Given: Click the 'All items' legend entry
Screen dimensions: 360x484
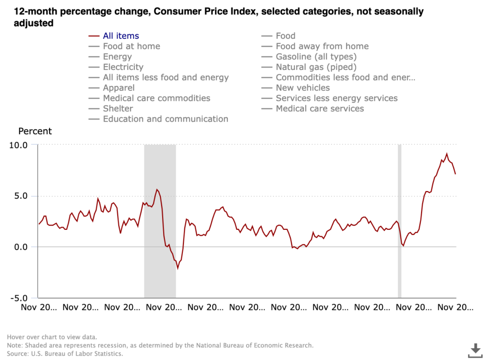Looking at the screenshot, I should pyautogui.click(x=121, y=36).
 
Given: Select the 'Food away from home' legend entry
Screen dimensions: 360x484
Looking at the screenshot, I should pyautogui.click(x=322, y=46).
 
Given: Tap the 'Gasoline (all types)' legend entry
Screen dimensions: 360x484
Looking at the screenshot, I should pyautogui.click(x=316, y=57).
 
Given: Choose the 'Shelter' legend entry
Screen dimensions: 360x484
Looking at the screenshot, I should pyautogui.click(x=118, y=109).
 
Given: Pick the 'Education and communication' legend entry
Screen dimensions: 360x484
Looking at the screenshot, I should pyautogui.click(x=165, y=119).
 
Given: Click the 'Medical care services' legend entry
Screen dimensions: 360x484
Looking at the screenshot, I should pyautogui.click(x=320, y=109).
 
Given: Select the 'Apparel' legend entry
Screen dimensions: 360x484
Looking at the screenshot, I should pyautogui.click(x=119, y=88).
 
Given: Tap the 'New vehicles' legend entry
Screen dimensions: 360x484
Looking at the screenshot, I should pyautogui.click(x=302, y=88).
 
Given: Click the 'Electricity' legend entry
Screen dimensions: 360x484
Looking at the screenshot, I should pyautogui.click(x=123, y=67).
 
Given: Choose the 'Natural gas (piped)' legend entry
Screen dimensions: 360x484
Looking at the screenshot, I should pyautogui.click(x=316, y=67).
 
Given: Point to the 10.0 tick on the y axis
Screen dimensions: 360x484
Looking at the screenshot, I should pyautogui.click(x=19, y=145).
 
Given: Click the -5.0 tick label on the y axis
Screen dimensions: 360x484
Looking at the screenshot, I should pyautogui.click(x=19, y=298).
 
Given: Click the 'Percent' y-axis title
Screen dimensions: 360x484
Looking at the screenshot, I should pyautogui.click(x=35, y=131).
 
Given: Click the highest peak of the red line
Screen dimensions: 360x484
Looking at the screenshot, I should pyautogui.click(x=447, y=153).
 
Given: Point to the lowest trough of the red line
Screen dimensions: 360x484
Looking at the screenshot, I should pyautogui.click(x=178, y=269).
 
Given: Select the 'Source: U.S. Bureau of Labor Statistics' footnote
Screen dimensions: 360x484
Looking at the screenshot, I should pyautogui.click(x=65, y=353).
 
